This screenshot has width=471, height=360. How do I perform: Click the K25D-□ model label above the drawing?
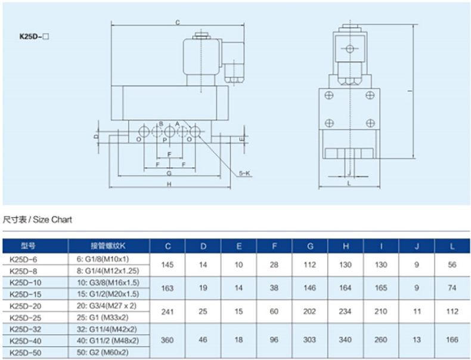[34, 36]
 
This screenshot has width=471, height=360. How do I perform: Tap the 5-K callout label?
[245, 173]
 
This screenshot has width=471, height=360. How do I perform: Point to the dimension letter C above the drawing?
[178, 22]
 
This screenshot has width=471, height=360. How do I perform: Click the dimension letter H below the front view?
[169, 184]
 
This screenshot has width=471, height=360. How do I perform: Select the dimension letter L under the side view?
[349, 183]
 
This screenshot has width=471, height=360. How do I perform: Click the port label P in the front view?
[165, 139]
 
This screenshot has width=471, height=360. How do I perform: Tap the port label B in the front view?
[161, 124]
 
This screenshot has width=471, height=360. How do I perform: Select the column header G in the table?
[310, 246]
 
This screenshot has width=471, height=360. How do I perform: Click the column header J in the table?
[417, 246]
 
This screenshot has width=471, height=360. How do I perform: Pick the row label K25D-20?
[26, 306]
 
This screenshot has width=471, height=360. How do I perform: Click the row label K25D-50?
[26, 352]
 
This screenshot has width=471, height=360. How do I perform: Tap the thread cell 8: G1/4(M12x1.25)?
[108, 271]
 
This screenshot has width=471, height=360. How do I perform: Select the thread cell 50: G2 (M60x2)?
[103, 352]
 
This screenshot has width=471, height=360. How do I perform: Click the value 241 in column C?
[168, 312]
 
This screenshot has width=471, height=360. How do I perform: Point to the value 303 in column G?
[309, 340]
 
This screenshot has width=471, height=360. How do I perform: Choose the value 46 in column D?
[203, 340]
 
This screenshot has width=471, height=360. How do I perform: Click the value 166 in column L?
[452, 340]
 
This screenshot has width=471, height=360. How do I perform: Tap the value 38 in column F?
[274, 288]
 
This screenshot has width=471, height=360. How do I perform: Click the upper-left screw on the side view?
[329, 95]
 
